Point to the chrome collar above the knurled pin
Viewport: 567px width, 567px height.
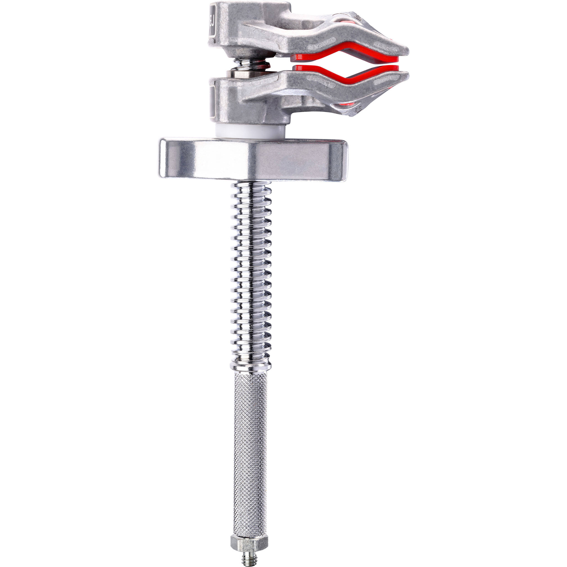point(250,365)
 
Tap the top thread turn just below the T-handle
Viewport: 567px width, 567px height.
point(252,186)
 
